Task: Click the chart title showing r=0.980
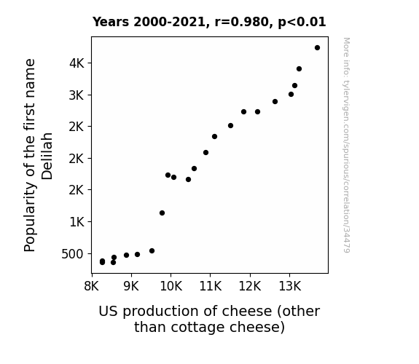coord(209,22)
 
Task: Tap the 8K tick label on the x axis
coord(92,286)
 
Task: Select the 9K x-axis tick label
coord(131,286)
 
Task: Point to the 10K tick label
coord(171,286)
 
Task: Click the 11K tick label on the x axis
coord(211,286)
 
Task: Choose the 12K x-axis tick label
coord(250,286)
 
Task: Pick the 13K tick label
coord(290,286)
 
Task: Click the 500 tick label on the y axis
coord(72,254)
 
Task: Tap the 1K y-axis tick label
coord(77,222)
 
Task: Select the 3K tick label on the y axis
coord(77,95)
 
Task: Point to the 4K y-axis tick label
coord(77,63)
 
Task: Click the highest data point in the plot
coord(317,48)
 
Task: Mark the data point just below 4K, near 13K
coord(299,69)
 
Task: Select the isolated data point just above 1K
coord(162,213)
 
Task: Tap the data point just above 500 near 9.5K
coord(152,250)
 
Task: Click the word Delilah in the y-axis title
coord(47,157)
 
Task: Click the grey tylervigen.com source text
coord(346,145)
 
